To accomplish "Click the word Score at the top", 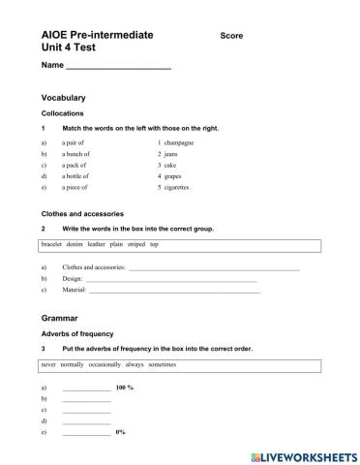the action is pos(231,36).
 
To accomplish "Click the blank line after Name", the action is pos(118,67).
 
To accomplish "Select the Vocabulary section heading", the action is pos(64,98).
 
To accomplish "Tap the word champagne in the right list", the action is pos(179,142).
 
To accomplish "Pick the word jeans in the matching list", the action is pos(171,154).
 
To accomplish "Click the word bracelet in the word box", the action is pos(53,245).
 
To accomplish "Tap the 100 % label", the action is pos(123,387).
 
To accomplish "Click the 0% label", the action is pos(121,433).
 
